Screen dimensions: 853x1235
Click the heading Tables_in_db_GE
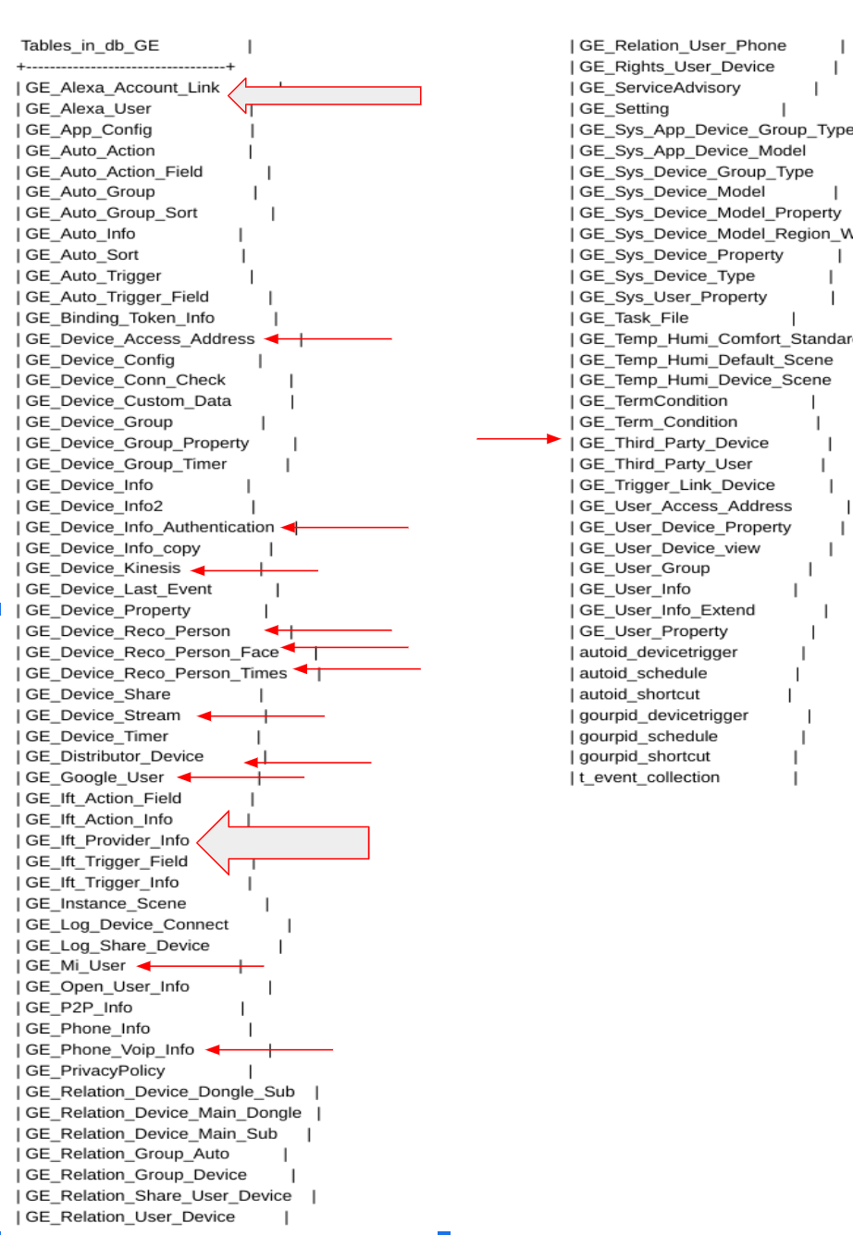pos(90,45)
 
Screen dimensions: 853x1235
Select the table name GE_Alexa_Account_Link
pos(122,88)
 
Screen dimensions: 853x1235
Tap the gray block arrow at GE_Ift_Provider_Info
pos(283,842)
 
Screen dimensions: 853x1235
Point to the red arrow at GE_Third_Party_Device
pos(518,439)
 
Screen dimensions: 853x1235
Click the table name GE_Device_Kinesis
pos(103,569)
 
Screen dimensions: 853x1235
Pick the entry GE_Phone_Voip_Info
pos(110,1050)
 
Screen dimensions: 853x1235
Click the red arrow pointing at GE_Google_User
pos(241,777)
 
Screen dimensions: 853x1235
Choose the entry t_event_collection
pos(649,777)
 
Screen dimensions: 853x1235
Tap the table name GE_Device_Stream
pos(103,715)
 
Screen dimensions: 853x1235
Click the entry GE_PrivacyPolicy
pos(95,1070)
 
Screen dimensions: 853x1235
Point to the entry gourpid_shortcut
pos(644,756)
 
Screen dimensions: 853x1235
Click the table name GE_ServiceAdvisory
pos(660,88)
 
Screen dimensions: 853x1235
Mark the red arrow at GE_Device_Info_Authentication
pos(345,527)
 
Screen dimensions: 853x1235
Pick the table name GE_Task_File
pos(634,318)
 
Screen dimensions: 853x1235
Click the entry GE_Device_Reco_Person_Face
pos(152,653)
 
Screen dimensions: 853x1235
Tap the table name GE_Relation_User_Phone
pos(682,45)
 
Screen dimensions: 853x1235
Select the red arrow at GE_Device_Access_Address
pos(328,339)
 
